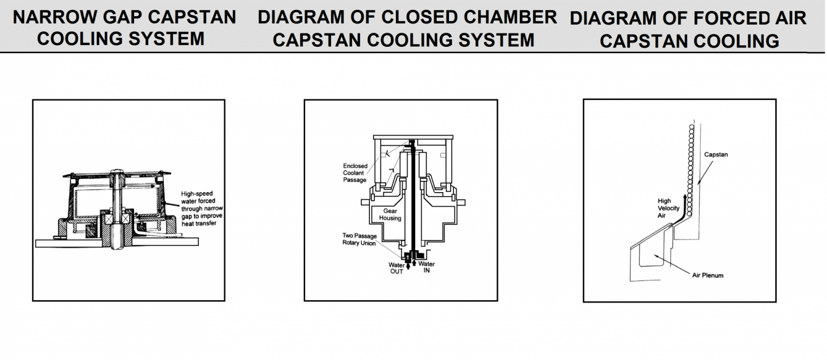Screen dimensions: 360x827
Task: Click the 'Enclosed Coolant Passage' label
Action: pyautogui.click(x=355, y=173)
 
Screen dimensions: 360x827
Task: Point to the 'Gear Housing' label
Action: pyautogui.click(x=390, y=215)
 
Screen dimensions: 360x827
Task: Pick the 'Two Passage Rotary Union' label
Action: pyautogui.click(x=360, y=239)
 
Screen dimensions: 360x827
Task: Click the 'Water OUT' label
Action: pyautogui.click(x=396, y=268)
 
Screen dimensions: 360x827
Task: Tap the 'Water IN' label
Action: pyautogui.click(x=426, y=267)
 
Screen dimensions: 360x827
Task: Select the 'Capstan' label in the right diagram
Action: pyautogui.click(x=716, y=154)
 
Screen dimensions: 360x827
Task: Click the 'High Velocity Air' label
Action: pyautogui.click(x=668, y=208)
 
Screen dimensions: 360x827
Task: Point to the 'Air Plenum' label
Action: pyautogui.click(x=707, y=276)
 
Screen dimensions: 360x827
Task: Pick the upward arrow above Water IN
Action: pyautogui.click(x=414, y=262)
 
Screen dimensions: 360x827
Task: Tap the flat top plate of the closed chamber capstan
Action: pyautogui.click(x=412, y=137)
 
